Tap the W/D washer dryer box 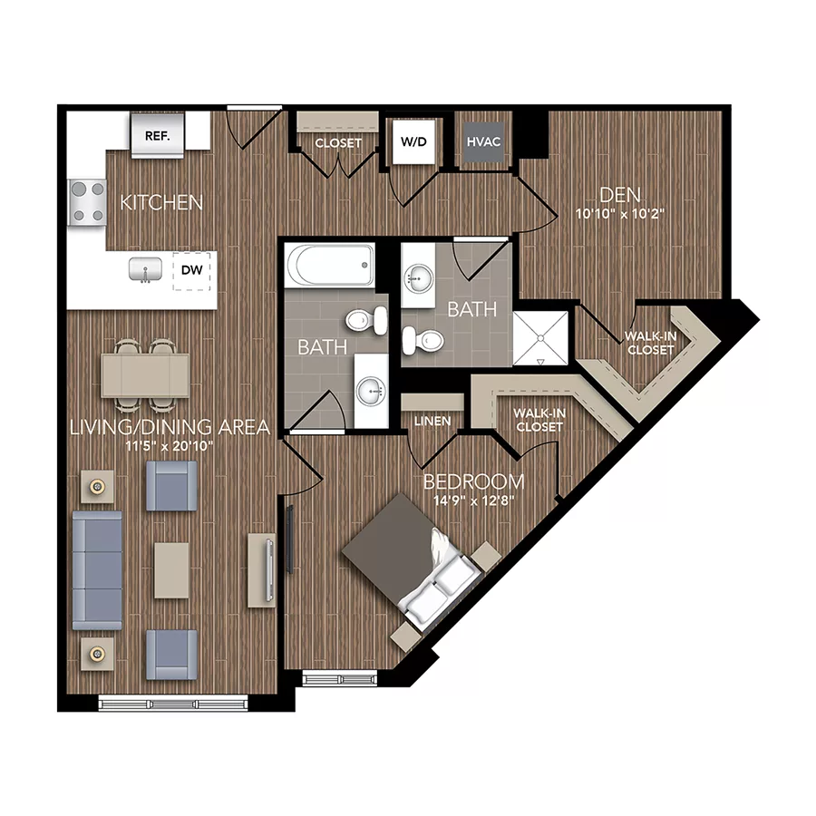click(x=413, y=141)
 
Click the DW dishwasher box click(x=191, y=269)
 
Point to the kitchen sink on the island click(x=144, y=269)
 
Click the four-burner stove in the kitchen click(x=87, y=201)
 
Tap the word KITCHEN click(x=161, y=201)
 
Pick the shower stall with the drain click(x=541, y=338)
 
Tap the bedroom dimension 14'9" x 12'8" click(x=473, y=500)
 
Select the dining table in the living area click(x=145, y=374)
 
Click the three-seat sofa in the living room click(x=97, y=568)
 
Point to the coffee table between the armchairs click(x=171, y=569)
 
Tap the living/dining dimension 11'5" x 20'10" click(x=170, y=446)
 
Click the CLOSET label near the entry click(x=338, y=143)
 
